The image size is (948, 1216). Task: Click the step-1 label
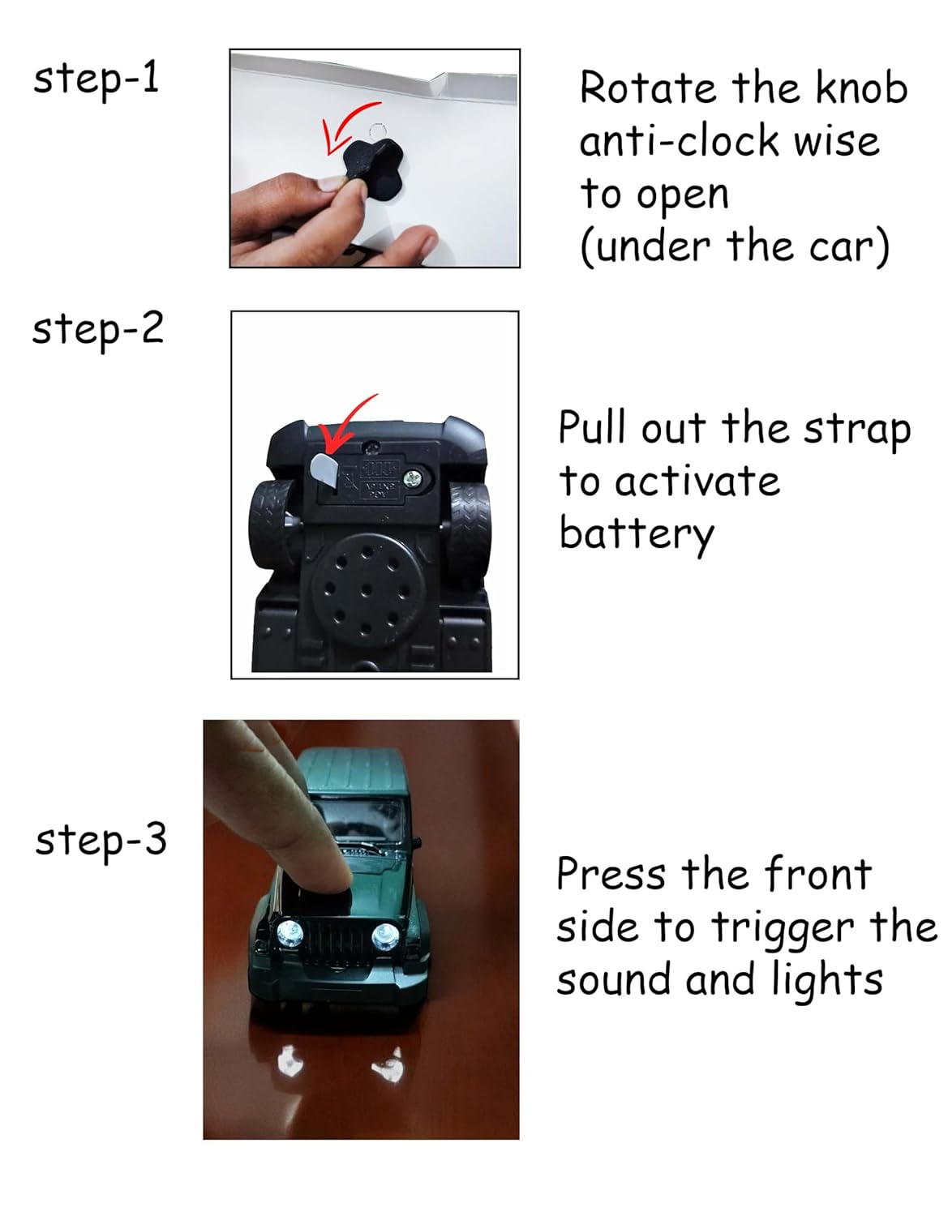(x=96, y=79)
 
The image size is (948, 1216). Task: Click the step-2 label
(x=97, y=330)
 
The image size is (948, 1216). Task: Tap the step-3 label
(x=101, y=840)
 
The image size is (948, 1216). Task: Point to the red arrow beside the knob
(x=345, y=126)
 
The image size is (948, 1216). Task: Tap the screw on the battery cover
(x=415, y=480)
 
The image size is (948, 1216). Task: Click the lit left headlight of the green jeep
(x=290, y=933)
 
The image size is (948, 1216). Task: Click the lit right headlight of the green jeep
(x=384, y=937)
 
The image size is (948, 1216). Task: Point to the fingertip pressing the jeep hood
(x=328, y=876)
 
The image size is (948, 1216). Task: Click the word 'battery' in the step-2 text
(x=636, y=534)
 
